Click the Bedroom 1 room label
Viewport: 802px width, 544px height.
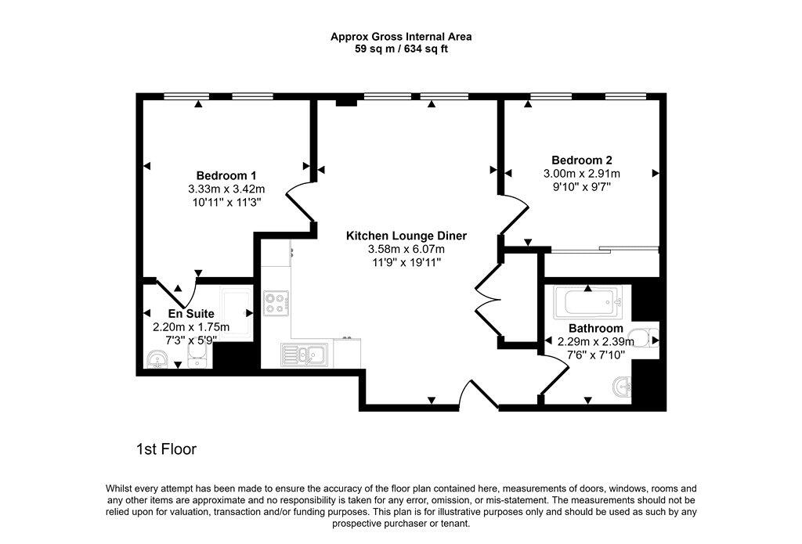(x=226, y=175)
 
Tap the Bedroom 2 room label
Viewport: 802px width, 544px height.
(x=582, y=160)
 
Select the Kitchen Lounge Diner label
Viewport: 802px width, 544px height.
(x=406, y=236)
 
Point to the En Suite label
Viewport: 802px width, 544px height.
(x=191, y=313)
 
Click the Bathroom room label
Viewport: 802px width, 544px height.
(x=596, y=328)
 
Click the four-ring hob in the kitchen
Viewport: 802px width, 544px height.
(x=276, y=303)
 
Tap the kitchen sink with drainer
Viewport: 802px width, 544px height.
(x=304, y=355)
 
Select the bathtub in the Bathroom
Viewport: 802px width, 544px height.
(x=588, y=303)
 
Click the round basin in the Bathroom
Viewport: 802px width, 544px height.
(x=622, y=387)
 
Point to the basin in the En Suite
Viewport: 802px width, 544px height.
(x=157, y=359)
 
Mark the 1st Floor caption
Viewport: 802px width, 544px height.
(x=166, y=449)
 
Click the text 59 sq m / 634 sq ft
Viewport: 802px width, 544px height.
(x=401, y=49)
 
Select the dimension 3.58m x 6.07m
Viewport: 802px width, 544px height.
(x=406, y=250)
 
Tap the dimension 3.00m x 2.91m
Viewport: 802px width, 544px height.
(x=582, y=173)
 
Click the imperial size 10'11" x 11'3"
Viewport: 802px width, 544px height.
(x=226, y=202)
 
